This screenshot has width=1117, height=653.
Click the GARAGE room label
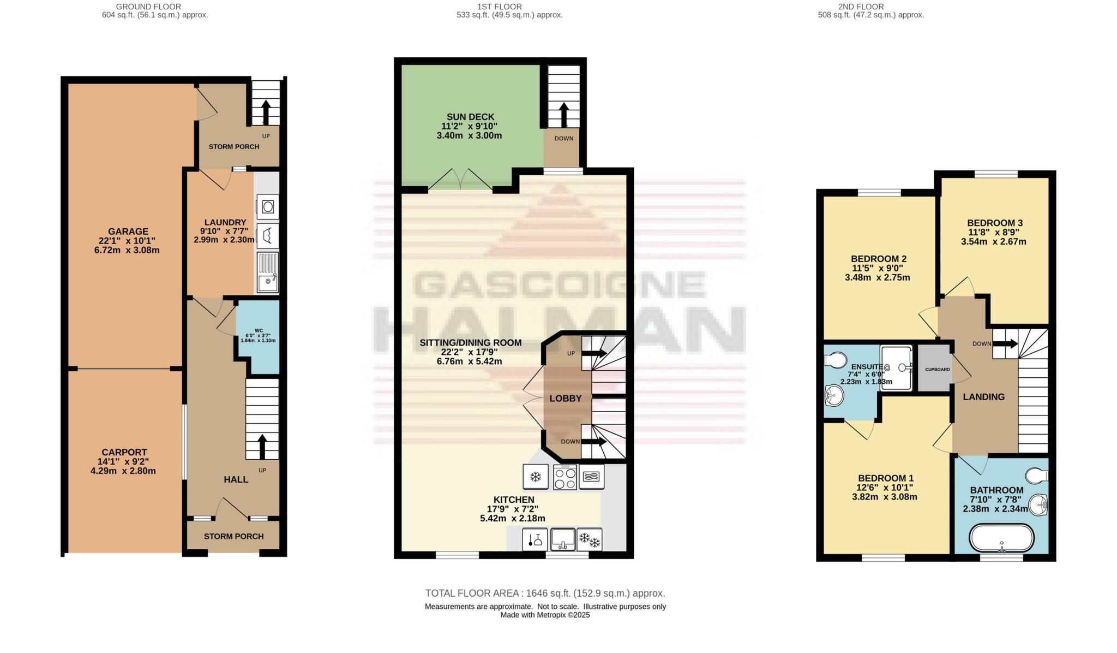[128, 231]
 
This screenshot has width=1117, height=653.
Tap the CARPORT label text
[124, 452]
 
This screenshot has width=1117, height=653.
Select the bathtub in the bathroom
[1001, 538]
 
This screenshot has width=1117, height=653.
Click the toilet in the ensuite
[835, 360]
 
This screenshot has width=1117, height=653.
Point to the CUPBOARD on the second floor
[937, 370]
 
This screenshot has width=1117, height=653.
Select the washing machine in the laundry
[268, 207]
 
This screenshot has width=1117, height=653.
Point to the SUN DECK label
[470, 117]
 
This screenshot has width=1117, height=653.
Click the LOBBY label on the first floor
[566, 399]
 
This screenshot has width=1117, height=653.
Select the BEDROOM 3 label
[994, 223]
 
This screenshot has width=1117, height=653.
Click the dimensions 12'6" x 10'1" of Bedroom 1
[885, 488]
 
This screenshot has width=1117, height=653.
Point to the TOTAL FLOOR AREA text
[545, 593]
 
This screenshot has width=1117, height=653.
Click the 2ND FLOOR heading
[861, 7]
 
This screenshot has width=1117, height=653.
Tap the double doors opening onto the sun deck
[461, 180]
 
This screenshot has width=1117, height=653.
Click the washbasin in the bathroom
[1041, 504]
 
